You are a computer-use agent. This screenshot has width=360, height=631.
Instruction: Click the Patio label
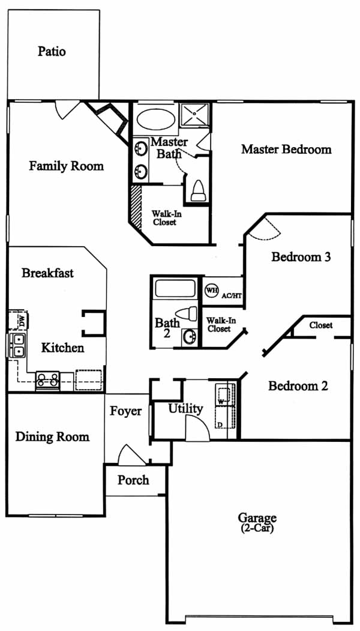[x=52, y=52]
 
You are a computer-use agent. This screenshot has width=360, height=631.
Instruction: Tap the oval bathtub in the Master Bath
[x=155, y=119]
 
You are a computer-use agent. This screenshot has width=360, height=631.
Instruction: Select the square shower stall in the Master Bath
[x=194, y=115]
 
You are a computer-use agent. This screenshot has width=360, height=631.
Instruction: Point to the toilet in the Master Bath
[x=197, y=191]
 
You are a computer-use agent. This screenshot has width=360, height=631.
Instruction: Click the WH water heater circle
[x=211, y=290]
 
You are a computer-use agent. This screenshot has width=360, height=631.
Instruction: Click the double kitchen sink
[x=17, y=346]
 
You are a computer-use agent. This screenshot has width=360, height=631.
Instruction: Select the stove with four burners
[x=48, y=381]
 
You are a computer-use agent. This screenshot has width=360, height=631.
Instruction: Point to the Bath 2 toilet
[x=187, y=313]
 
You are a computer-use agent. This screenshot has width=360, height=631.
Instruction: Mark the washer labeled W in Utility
[x=224, y=394]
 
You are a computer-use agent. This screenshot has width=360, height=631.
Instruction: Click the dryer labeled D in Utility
[x=224, y=417]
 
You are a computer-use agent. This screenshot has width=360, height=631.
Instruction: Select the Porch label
[x=133, y=480]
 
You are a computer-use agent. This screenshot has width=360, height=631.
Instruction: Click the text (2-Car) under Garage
[x=257, y=529]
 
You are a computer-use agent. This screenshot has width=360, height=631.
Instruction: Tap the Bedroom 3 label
[x=301, y=257]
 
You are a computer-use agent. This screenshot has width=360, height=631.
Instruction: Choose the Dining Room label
[x=52, y=436]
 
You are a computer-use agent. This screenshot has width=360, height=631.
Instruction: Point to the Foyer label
[x=126, y=411]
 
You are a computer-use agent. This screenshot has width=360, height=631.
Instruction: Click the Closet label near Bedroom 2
[x=321, y=325]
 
